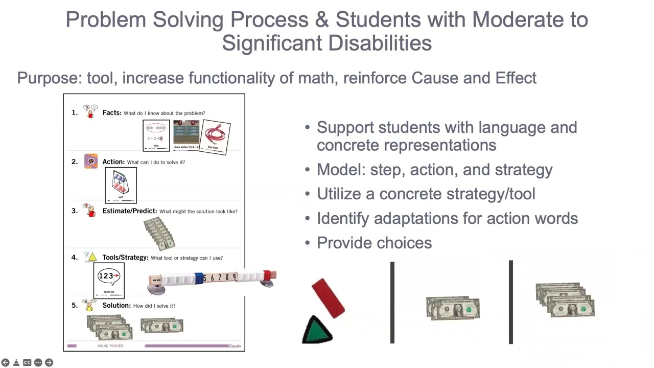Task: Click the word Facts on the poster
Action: (111, 112)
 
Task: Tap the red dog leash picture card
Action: (216, 136)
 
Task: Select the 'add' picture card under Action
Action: (121, 185)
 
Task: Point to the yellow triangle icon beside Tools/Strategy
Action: (92, 257)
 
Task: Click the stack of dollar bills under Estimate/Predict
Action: (159, 234)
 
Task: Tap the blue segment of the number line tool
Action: (198, 279)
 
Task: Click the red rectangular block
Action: (328, 298)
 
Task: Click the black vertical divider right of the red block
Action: (392, 303)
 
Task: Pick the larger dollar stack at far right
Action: (565, 300)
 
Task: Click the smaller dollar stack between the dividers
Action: (453, 308)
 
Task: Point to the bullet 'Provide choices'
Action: (374, 243)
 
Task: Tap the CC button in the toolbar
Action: (27, 362)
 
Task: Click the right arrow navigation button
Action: (49, 362)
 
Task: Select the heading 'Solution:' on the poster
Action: (116, 305)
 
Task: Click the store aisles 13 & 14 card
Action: (186, 135)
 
